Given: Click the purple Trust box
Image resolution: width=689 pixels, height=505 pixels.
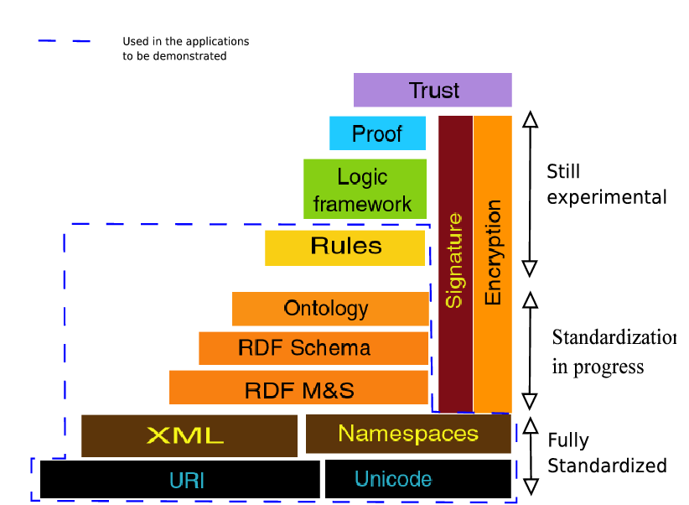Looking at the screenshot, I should tap(433, 90).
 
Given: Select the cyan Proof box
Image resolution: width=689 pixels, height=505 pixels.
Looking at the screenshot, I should tap(377, 133).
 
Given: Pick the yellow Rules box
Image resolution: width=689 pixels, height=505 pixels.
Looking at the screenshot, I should tap(345, 247).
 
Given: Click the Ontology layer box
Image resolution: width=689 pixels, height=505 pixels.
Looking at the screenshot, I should tap(329, 308).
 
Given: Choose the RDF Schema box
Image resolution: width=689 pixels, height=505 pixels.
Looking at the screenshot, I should tap(313, 348).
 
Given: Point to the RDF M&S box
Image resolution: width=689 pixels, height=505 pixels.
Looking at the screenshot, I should tap(299, 388).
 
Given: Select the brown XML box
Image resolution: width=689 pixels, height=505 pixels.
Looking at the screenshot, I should tap(189, 435).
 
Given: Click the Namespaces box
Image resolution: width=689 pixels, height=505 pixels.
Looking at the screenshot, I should tap(408, 434).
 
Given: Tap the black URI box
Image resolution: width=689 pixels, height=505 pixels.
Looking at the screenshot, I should tap(179, 480).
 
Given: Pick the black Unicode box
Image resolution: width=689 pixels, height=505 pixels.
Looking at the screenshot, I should tap(417, 479).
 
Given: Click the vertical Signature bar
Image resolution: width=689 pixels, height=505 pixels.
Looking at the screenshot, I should tap(455, 263).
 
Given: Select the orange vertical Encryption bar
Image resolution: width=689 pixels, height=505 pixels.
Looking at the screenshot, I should tap(493, 263).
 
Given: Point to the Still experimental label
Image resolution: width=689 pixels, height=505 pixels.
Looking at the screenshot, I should tap(606, 185).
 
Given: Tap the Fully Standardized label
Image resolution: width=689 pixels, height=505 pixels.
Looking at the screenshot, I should tap(606, 453).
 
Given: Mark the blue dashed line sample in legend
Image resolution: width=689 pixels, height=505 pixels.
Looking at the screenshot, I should tap(64, 41).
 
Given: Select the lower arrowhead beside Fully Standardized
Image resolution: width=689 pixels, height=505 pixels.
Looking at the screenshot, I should tap(529, 486).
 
